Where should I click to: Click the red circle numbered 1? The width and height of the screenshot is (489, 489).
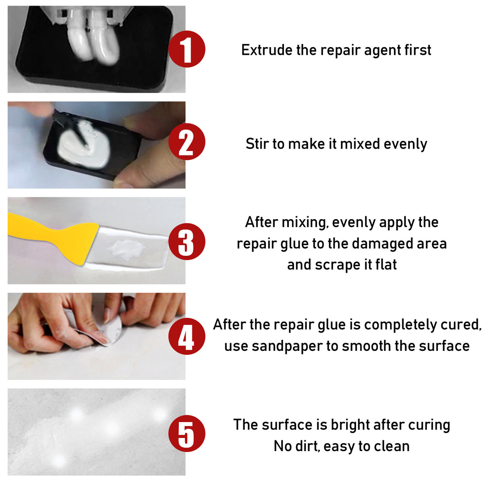click(x=186, y=49)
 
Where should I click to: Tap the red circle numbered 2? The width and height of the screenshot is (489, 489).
click(x=186, y=142)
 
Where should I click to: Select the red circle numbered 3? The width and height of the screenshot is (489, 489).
click(x=186, y=242)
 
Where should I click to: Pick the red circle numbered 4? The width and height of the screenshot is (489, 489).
click(x=186, y=336)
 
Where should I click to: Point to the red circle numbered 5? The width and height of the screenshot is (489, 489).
click(x=186, y=434)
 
